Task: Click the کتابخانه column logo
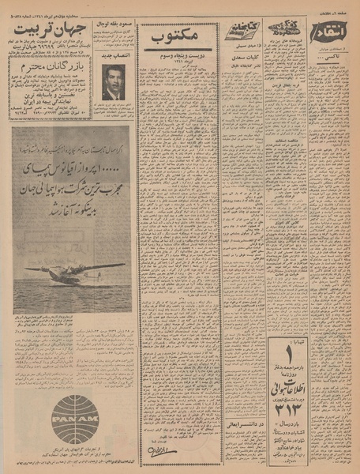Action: pyautogui.click(x=240, y=29)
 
